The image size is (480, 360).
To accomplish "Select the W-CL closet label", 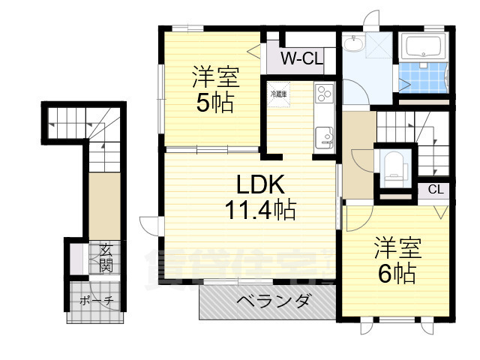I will tap(301, 58).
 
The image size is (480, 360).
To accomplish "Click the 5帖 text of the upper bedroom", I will tap(214, 102).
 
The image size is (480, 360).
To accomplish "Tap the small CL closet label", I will tap(435, 190).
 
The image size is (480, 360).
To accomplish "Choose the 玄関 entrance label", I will tap(105, 258).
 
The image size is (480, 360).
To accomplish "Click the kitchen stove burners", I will tap(325, 94).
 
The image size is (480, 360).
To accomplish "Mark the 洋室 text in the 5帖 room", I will tap(214, 77).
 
